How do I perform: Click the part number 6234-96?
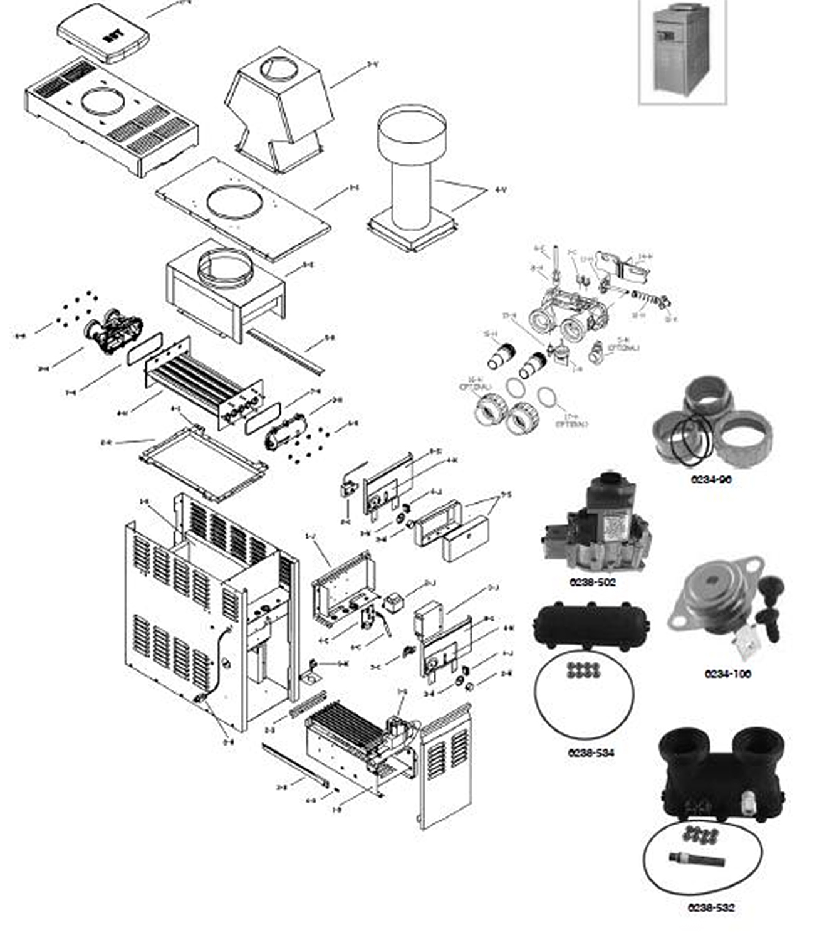(x=711, y=480)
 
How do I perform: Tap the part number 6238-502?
(x=592, y=582)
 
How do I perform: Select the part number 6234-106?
(x=727, y=673)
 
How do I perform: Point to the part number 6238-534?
(x=591, y=753)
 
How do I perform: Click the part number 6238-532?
(x=711, y=907)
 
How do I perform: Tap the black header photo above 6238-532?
(x=720, y=778)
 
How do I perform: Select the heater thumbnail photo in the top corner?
(x=682, y=50)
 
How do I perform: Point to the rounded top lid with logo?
(x=103, y=33)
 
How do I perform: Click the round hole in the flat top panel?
(x=234, y=202)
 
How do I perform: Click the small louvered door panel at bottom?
(x=446, y=768)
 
